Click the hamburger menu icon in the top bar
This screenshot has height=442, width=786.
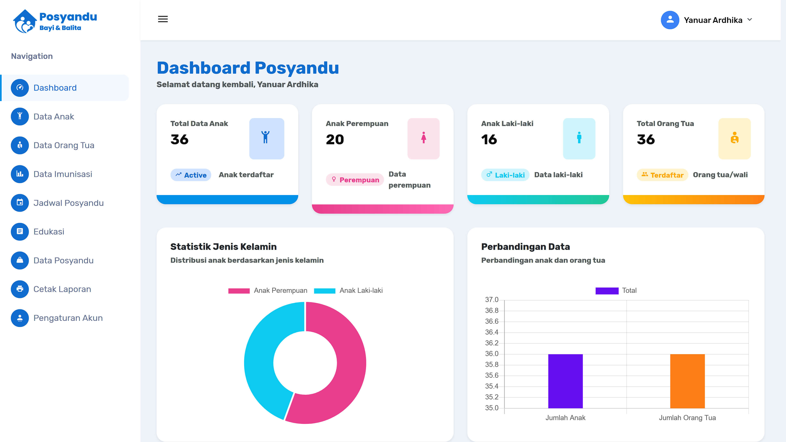coord(163,19)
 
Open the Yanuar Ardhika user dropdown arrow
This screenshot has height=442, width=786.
coord(750,20)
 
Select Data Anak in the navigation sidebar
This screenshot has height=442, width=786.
coord(54,116)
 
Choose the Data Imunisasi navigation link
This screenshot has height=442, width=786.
coord(63,174)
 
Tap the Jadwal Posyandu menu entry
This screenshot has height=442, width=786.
coord(68,203)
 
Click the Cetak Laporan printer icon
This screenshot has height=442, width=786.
coord(20,289)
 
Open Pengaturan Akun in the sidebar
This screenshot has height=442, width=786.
coord(68,318)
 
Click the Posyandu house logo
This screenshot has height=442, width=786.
coord(24,21)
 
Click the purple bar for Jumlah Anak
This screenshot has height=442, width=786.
coord(565,381)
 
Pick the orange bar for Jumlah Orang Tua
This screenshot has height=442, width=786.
coord(687,381)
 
